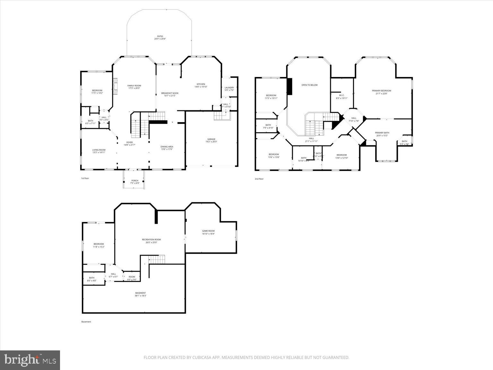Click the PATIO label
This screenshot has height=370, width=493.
click(160, 37)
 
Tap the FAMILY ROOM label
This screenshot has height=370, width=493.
click(134, 86)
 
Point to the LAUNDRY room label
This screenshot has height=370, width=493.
click(229, 88)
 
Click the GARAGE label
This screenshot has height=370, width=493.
click(211, 139)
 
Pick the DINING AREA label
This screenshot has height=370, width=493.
click(167, 147)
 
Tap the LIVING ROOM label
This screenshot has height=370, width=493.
click(99, 150)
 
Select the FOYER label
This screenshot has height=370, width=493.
click(129, 143)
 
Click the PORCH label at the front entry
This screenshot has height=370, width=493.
click(135, 181)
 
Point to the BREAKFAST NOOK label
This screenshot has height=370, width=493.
click(170, 93)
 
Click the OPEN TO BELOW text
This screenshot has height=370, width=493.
click(309, 85)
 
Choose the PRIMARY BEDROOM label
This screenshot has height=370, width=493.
click(382, 91)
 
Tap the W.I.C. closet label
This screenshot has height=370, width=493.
click(342, 95)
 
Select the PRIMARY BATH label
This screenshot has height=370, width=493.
click(382, 133)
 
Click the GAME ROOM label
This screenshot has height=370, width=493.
click(208, 231)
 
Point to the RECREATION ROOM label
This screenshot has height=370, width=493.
click(151, 240)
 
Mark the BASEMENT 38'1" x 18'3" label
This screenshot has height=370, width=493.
click(140, 293)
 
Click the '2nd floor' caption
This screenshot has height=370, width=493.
click(259, 179)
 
